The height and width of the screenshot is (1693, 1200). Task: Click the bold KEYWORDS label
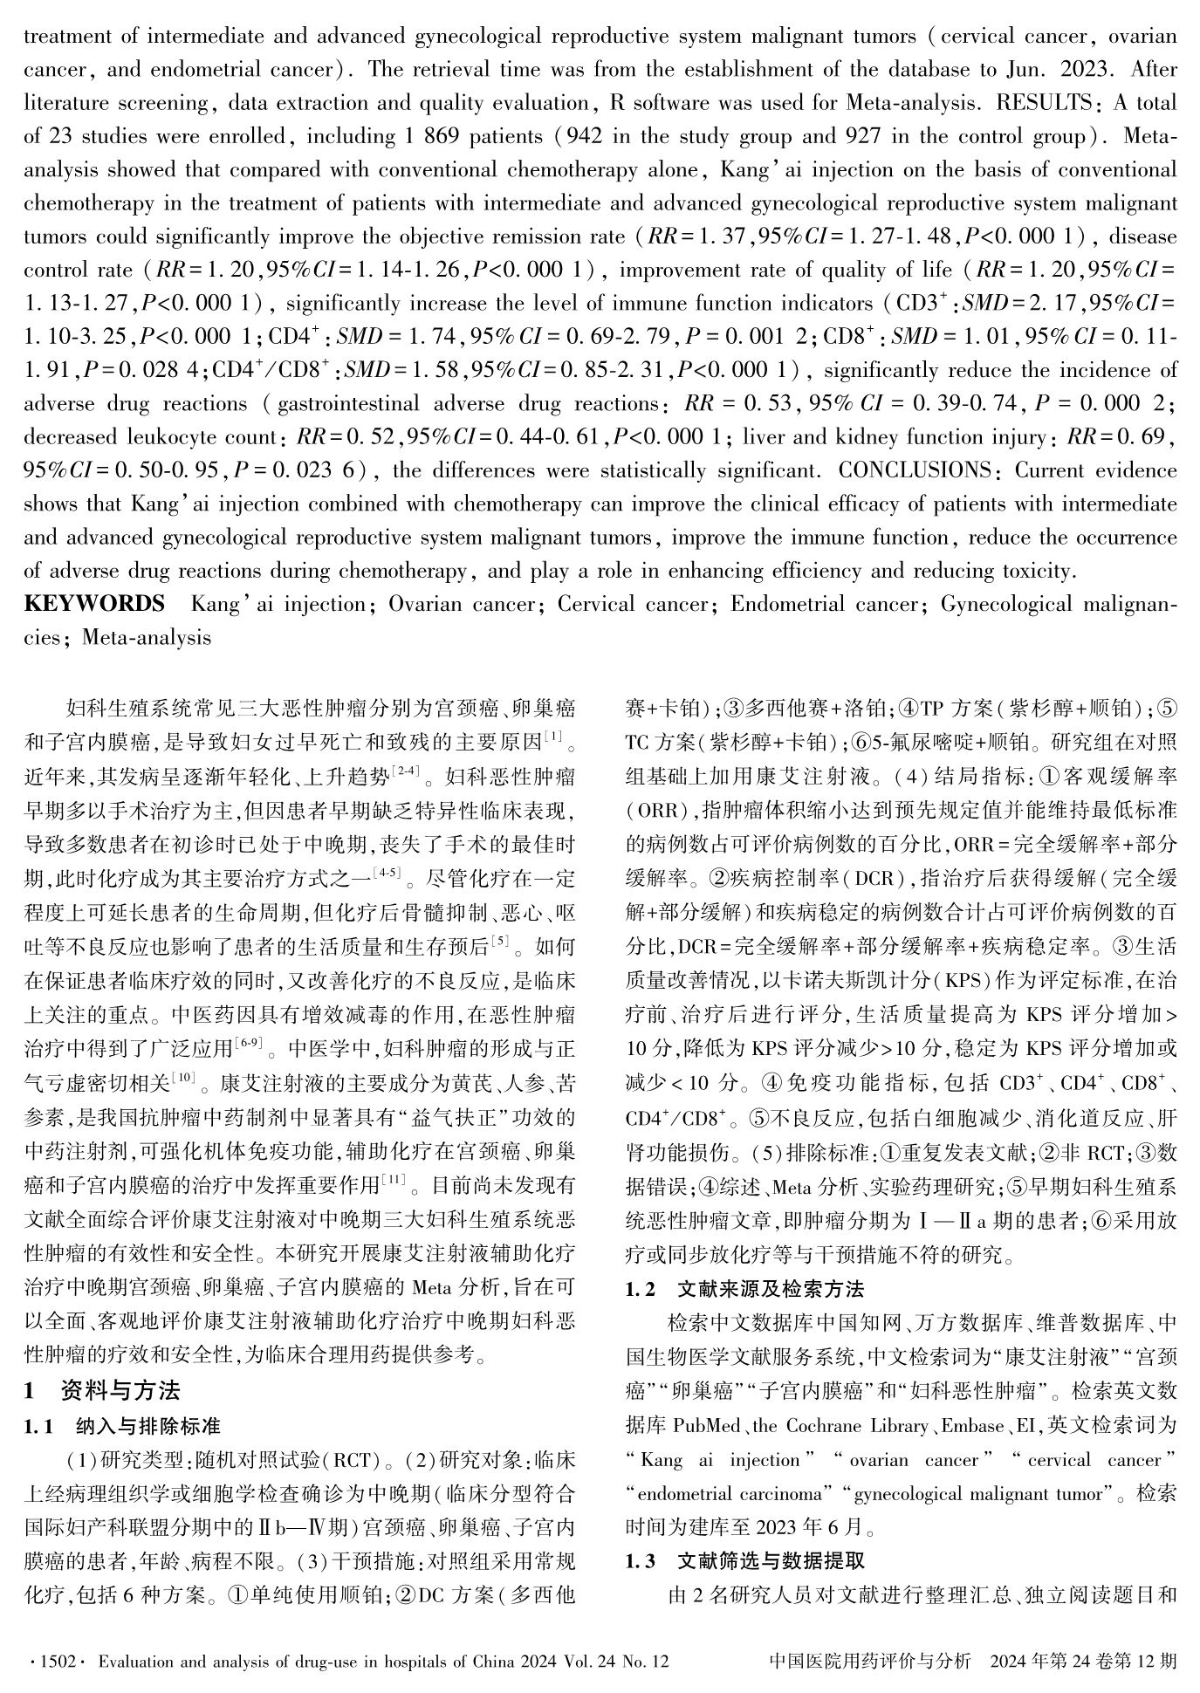tap(94, 604)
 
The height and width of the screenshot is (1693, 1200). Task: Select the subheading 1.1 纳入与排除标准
tap(121, 1426)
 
